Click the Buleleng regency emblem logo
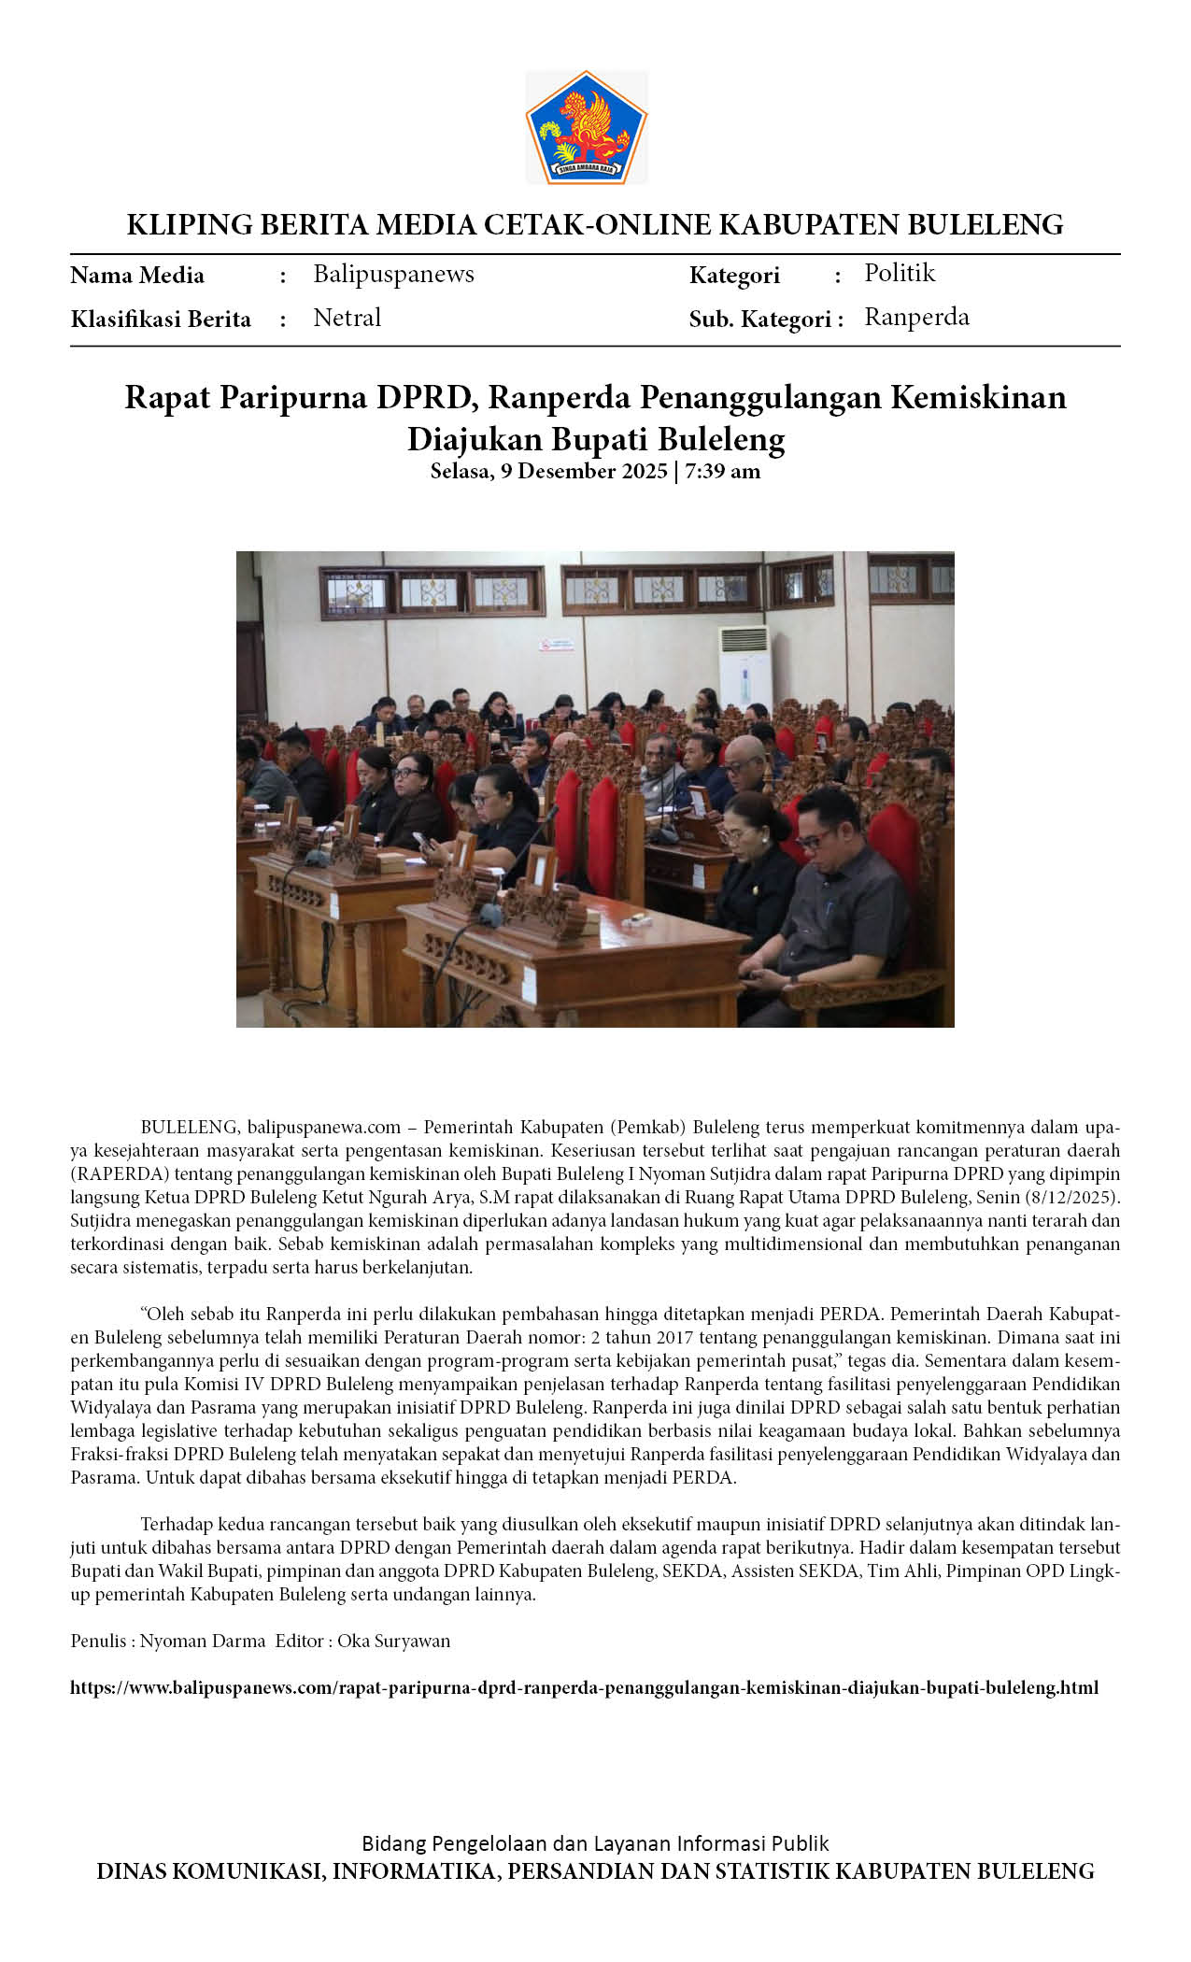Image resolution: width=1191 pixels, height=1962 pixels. (x=586, y=127)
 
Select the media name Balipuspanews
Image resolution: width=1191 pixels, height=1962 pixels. (x=393, y=274)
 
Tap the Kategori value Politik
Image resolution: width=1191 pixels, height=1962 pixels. (x=899, y=273)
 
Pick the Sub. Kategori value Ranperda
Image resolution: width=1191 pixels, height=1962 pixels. (x=916, y=317)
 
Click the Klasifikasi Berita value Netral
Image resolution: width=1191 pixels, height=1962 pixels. (x=347, y=318)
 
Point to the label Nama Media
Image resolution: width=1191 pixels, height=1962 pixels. (x=137, y=276)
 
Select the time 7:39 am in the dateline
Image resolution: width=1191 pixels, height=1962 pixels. (x=722, y=471)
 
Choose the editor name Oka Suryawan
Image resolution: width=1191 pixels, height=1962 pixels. (x=393, y=1641)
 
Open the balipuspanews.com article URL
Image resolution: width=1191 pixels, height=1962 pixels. (x=584, y=1687)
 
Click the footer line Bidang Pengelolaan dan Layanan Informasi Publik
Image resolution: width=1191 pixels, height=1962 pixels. (x=595, y=1843)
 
